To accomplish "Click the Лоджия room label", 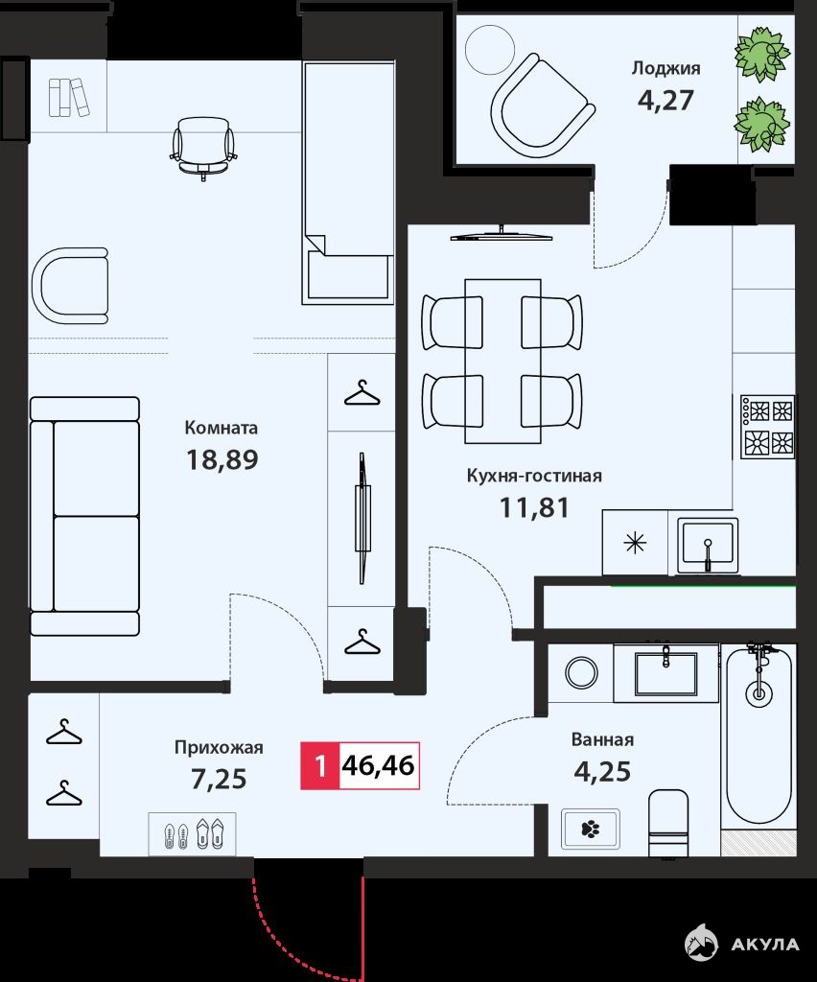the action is click(x=665, y=68).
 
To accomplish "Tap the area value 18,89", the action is click(x=222, y=459).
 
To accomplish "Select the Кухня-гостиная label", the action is click(x=535, y=476).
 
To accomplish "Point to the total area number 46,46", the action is click(x=379, y=765).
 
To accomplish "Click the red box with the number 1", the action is click(x=320, y=765).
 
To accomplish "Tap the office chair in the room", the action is click(x=203, y=149).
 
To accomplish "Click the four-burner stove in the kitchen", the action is click(x=767, y=426).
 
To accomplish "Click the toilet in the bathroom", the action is click(x=668, y=822).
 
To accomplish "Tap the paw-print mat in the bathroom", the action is click(x=591, y=830).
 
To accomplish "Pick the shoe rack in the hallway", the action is click(x=192, y=834).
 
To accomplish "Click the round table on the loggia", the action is click(x=490, y=51).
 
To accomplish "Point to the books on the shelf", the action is click(x=69, y=97).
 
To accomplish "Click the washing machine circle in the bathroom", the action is click(x=581, y=672).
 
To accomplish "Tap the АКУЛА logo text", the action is click(x=765, y=945).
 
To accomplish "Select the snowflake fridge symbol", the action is click(x=635, y=543).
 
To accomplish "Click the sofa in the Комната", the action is click(x=84, y=516).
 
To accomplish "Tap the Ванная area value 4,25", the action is click(x=602, y=772).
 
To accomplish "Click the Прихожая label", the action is click(x=219, y=747).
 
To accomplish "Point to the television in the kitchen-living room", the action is click(x=502, y=234).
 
